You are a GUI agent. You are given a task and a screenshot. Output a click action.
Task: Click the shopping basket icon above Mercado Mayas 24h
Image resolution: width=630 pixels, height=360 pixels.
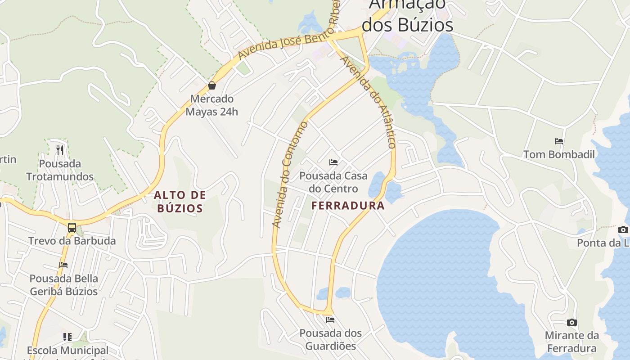212,85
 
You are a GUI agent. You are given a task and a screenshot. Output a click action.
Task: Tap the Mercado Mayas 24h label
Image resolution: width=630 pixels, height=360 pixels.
212,105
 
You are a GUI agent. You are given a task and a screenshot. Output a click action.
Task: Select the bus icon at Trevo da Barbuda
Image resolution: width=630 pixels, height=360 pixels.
72,227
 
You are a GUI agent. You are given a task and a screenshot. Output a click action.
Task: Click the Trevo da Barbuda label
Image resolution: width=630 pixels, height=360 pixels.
72,241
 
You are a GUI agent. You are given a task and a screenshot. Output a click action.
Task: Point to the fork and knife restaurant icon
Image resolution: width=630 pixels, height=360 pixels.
60,150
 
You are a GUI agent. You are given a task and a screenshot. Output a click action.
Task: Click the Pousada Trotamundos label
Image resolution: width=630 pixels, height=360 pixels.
60,170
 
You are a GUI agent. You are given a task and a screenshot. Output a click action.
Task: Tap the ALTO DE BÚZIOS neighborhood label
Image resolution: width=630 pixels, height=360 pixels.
180,202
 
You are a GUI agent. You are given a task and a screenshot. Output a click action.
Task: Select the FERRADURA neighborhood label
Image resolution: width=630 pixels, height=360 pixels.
348,206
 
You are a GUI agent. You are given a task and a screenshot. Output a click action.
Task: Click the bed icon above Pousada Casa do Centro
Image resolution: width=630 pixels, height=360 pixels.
333,162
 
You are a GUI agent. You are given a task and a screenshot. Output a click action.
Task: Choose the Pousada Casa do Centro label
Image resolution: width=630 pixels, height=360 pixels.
333,182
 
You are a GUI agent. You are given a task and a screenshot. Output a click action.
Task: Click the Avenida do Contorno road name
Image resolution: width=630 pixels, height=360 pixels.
290,174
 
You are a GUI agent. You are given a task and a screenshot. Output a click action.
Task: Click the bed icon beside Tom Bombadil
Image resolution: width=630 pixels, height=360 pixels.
559,141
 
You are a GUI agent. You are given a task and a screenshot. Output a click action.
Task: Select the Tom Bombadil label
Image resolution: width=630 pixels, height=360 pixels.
559,155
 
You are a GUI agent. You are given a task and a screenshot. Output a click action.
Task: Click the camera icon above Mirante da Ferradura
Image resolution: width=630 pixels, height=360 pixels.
572,322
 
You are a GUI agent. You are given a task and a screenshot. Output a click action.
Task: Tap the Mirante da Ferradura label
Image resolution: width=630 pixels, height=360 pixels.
572,342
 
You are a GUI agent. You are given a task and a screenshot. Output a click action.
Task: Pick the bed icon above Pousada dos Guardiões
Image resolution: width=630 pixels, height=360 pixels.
330,320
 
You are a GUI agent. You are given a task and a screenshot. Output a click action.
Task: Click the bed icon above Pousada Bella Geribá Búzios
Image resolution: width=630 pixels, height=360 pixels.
63,265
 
